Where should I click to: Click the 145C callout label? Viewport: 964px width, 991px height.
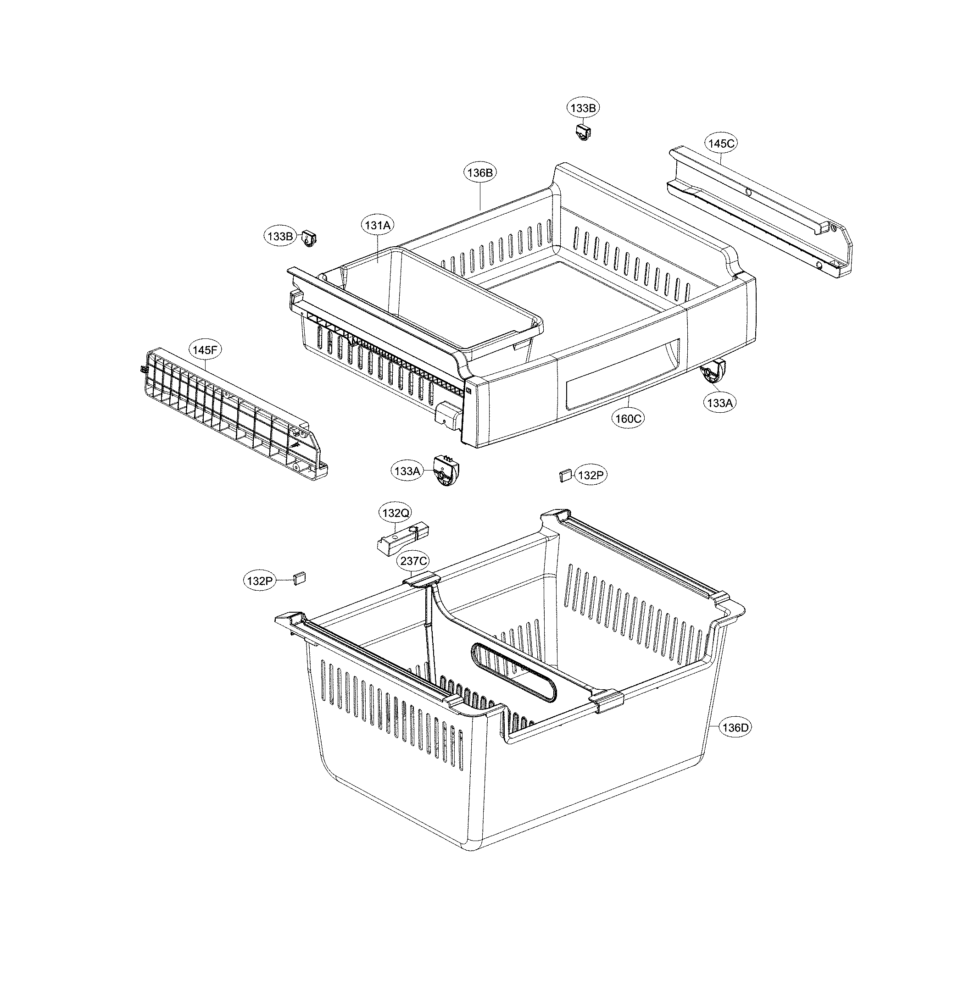tap(721, 143)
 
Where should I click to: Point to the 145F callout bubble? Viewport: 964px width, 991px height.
tap(206, 350)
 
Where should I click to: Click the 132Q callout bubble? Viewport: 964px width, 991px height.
tap(396, 513)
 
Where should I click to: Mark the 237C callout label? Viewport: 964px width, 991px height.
tap(414, 561)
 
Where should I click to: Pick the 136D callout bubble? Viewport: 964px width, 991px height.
tap(736, 728)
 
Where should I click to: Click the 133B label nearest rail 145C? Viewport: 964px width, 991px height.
tap(583, 108)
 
